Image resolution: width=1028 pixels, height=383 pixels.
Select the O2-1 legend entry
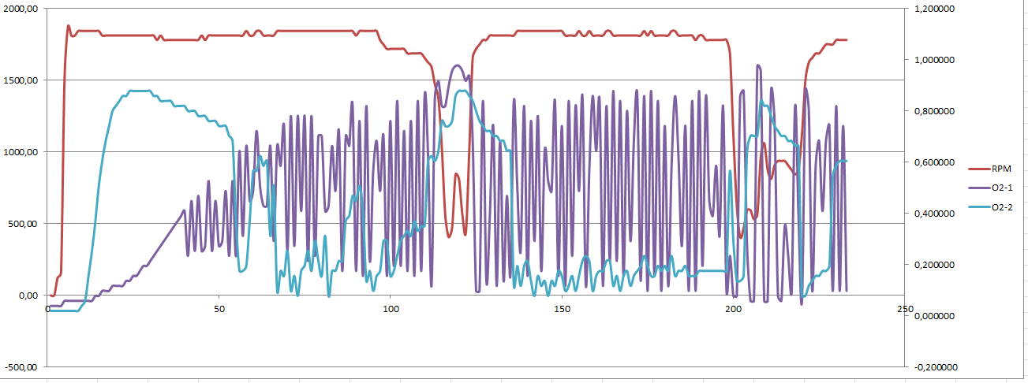1004,187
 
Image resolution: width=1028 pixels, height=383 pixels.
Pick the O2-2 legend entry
1004,206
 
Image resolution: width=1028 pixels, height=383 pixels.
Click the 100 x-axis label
391,308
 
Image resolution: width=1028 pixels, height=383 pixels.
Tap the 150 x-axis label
562,308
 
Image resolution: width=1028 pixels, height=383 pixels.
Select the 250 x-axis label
904,308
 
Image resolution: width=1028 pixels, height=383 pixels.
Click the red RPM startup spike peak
68,25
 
